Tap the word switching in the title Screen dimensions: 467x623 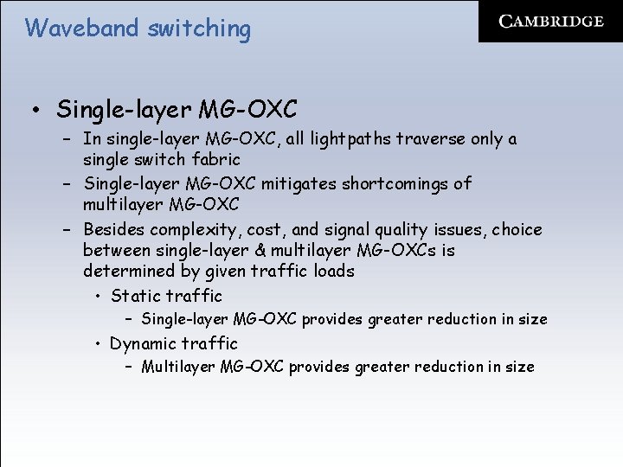coord(198,29)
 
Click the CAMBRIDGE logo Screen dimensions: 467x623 coord(551,22)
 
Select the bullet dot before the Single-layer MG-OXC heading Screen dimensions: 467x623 coord(34,111)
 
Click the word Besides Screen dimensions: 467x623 coord(113,229)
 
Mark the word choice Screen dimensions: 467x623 coord(517,229)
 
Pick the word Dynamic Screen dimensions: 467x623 coord(143,343)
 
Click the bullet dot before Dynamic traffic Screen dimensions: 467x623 coord(100,343)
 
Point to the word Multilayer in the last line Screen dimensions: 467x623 coord(178,367)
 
